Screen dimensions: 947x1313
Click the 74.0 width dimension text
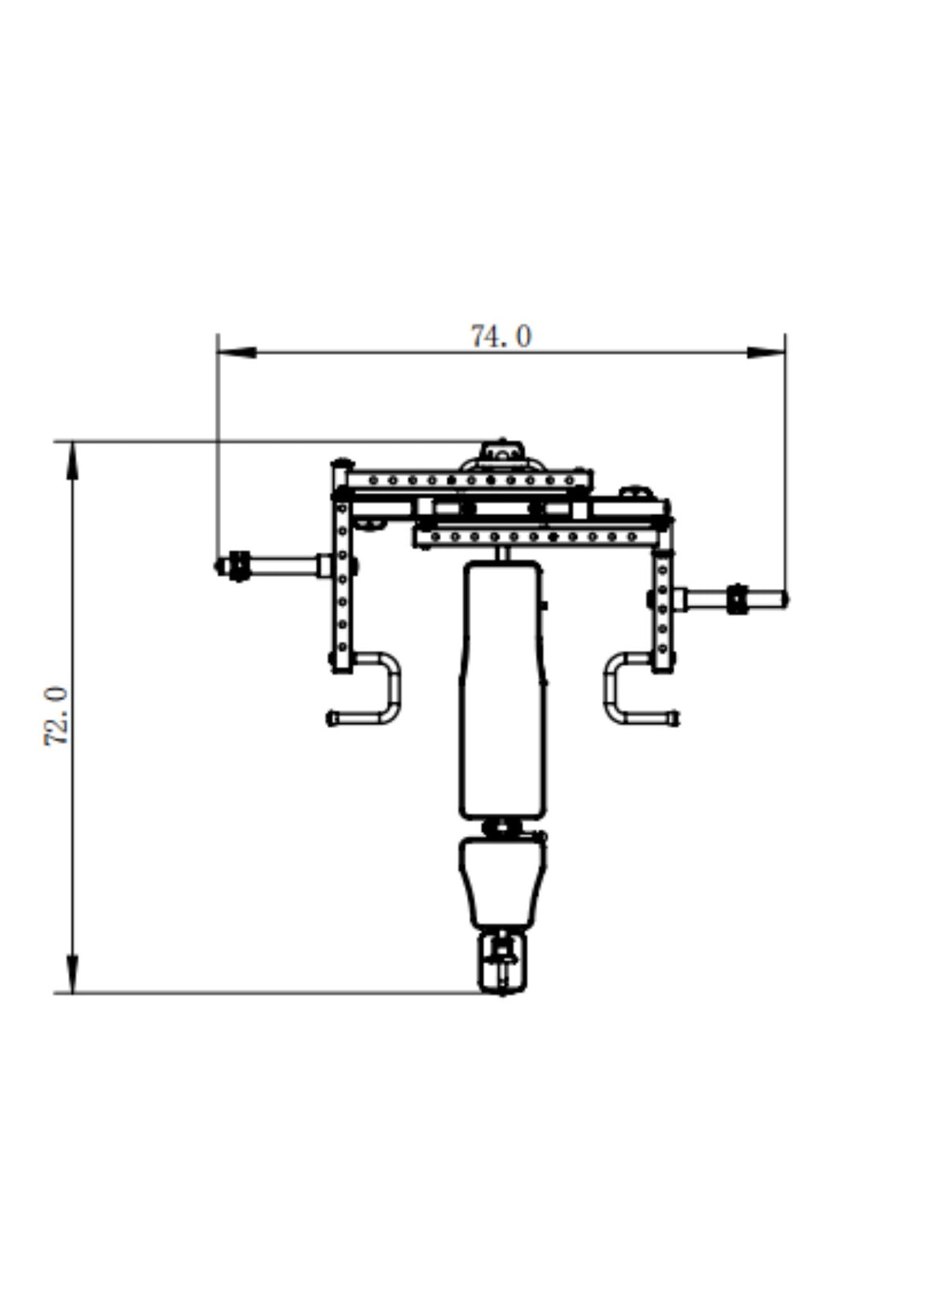tap(501, 337)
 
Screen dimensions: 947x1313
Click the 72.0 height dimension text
tap(57, 716)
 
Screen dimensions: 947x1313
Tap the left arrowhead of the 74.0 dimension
tap(237, 352)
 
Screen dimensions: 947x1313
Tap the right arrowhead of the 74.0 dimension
tap(765, 352)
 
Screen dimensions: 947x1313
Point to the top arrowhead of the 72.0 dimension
tap(72, 461)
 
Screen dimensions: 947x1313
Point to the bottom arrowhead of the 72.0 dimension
tap(72, 974)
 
